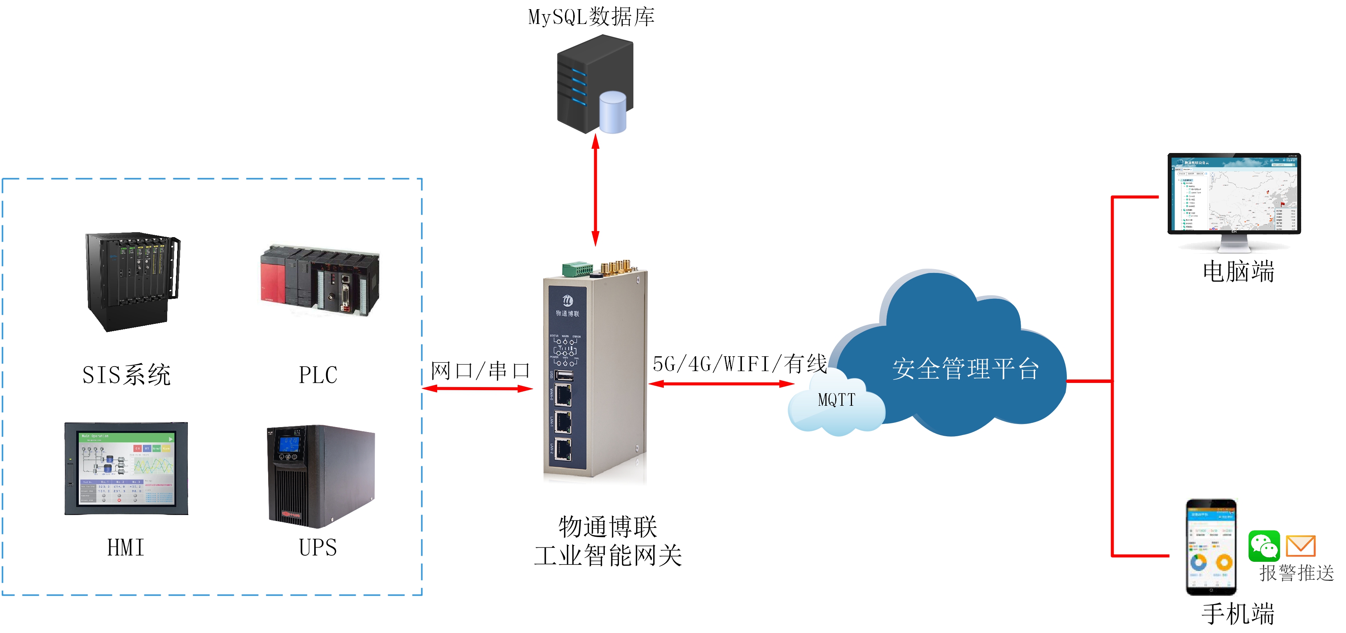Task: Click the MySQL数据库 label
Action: [591, 17]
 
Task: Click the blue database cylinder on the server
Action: [612, 112]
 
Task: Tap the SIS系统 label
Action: [126, 375]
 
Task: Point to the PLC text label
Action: [318, 375]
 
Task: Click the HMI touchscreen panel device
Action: [126, 469]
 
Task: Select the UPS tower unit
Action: [320, 475]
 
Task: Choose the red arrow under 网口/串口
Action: [477, 389]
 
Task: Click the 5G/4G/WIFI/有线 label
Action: [739, 364]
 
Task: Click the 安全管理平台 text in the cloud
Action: [965, 369]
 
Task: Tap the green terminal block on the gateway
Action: [577, 269]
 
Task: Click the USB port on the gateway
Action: [563, 375]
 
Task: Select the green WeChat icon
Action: [1263, 546]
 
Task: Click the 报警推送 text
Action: [1296, 573]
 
